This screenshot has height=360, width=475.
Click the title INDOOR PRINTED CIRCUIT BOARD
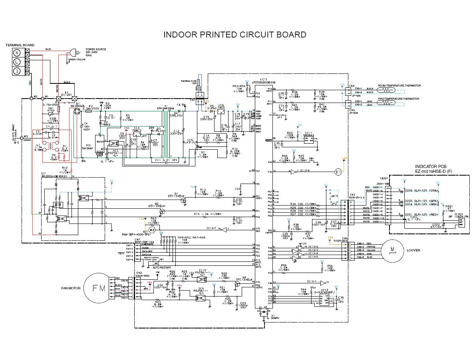[235, 35]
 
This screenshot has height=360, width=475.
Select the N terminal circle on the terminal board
[17, 53]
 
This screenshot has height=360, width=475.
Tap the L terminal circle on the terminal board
[17, 62]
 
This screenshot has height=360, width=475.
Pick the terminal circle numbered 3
[17, 71]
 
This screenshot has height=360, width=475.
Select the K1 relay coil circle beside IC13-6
[338, 172]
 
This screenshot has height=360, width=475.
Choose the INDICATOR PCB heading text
[431, 166]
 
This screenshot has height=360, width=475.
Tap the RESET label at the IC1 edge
[268, 140]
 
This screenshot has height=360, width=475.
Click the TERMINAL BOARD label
[20, 45]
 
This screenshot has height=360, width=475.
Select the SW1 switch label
[311, 158]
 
